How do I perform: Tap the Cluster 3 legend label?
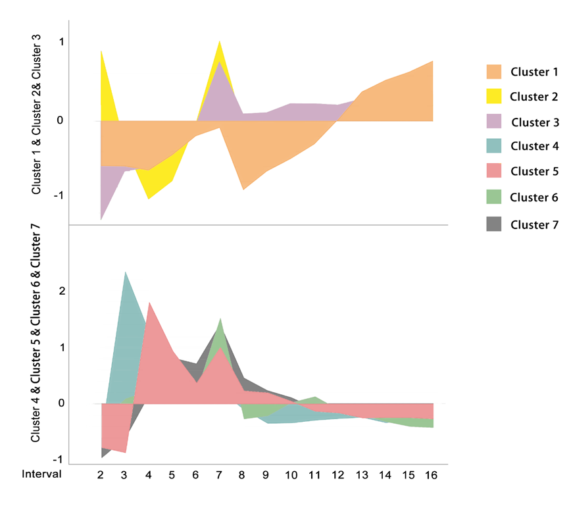[x=535, y=122]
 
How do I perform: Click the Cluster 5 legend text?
[x=535, y=171]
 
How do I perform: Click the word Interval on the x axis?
[x=41, y=474]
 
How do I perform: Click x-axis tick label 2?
[x=101, y=475]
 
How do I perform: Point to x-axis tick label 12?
[x=337, y=475]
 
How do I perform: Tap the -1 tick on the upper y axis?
[x=59, y=195]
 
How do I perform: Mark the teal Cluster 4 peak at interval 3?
[x=125, y=272]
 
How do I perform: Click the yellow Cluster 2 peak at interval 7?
[x=219, y=41]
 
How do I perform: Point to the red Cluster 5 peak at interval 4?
[x=149, y=303]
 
